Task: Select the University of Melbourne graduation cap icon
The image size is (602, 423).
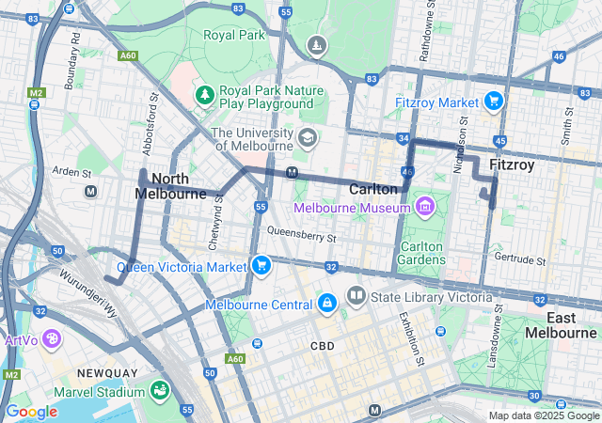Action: pyautogui.click(x=307, y=139)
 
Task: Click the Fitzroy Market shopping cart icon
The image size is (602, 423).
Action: pyautogui.click(x=493, y=101)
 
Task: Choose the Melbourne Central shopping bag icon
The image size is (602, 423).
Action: pyautogui.click(x=326, y=304)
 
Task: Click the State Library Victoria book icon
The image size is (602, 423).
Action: pyautogui.click(x=356, y=297)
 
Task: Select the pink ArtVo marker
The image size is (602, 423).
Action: pyautogui.click(x=51, y=337)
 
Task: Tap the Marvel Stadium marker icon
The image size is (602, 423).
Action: pyautogui.click(x=160, y=390)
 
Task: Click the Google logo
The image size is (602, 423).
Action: pyautogui.click(x=31, y=411)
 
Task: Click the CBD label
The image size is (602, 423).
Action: pyautogui.click(x=323, y=346)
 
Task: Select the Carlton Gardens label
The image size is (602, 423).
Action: pyautogui.click(x=420, y=252)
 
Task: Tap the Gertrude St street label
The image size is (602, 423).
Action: pyautogui.click(x=522, y=259)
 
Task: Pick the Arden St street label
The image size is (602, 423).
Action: pyautogui.click(x=71, y=172)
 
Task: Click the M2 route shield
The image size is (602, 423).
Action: pyautogui.click(x=35, y=93)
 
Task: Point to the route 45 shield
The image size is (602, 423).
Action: pyautogui.click(x=499, y=140)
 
